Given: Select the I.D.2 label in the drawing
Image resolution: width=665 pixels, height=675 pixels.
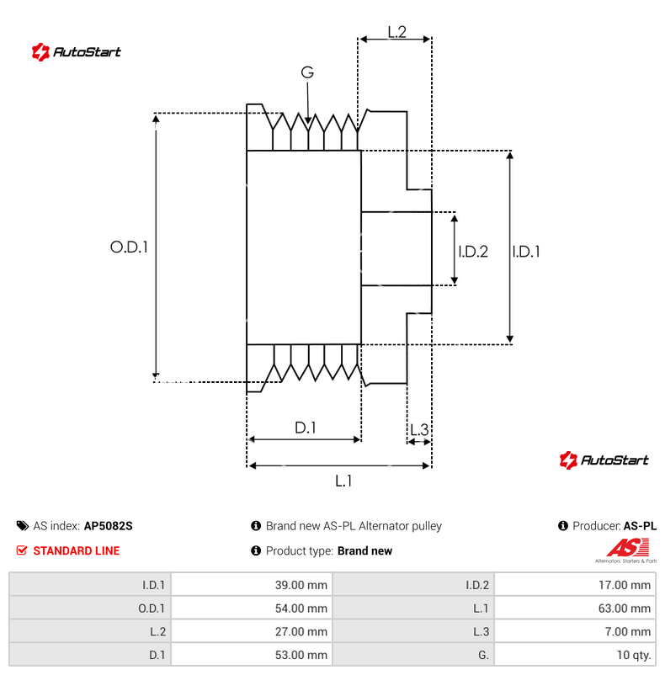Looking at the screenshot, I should [473, 251].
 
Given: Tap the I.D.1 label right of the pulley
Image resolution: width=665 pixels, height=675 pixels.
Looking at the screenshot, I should [526, 251].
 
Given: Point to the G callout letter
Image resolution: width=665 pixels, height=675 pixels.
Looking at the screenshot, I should [307, 73].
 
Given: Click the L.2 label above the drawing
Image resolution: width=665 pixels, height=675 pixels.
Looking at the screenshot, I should [397, 32].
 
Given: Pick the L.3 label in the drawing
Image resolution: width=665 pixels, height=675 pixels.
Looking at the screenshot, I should [419, 431].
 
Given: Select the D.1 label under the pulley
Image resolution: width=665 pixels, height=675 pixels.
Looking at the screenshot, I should [305, 428].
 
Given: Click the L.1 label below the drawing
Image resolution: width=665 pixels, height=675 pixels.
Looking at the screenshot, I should [343, 481].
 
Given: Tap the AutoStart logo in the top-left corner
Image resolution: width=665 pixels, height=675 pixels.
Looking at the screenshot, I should [77, 52].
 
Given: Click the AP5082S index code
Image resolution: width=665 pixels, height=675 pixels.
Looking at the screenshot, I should [109, 526].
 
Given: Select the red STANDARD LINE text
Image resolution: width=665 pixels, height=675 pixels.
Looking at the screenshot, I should [76, 551].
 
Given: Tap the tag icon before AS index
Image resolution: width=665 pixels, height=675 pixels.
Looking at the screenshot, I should [22, 526].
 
